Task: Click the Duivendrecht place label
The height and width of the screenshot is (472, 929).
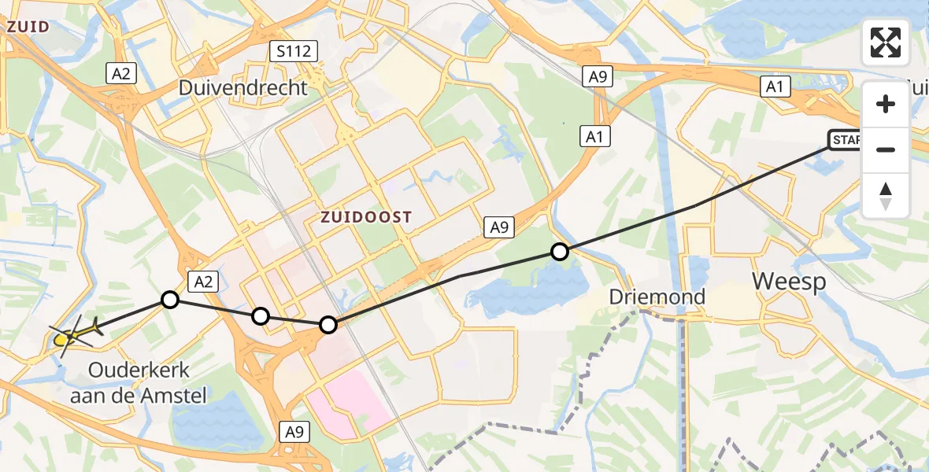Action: coord(242,87)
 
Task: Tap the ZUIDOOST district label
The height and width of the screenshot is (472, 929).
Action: coord(366,217)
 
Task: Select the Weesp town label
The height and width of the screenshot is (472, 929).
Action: coord(789,281)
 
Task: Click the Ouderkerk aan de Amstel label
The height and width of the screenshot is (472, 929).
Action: coord(138,382)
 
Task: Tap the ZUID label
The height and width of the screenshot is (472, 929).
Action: coord(28,27)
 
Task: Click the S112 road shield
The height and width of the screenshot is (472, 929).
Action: coord(293,53)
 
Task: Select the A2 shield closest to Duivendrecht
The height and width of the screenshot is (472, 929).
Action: coord(121,73)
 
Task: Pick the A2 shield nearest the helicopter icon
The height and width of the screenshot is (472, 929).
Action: coord(202,280)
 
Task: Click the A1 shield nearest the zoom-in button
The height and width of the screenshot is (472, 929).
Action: coord(775,87)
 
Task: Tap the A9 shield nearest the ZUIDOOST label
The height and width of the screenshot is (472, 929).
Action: coord(498,227)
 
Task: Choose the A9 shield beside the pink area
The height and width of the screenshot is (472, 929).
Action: coord(294,431)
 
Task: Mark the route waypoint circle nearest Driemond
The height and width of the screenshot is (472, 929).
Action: coord(559,252)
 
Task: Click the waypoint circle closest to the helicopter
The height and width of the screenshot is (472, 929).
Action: coord(169,299)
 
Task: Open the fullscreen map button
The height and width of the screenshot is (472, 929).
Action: coord(886,42)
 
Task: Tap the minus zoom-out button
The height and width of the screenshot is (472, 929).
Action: coord(886,149)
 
